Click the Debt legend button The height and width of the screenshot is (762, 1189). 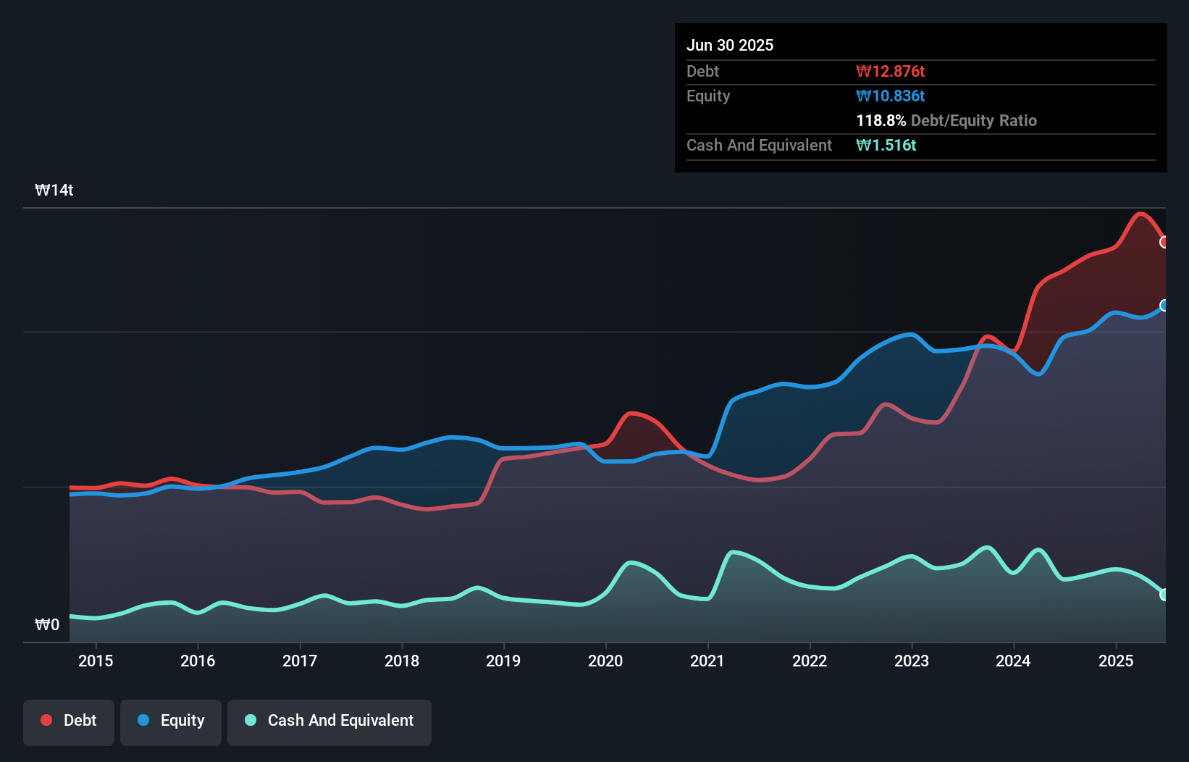[69, 721]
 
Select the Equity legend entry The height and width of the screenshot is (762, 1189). [171, 721]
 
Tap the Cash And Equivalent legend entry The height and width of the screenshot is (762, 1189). [329, 721]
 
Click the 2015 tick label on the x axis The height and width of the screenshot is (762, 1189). [96, 661]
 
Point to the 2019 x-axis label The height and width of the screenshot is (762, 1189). [503, 661]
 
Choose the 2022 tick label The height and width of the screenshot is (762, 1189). [810, 661]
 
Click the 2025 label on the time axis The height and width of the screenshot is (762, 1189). [1116, 661]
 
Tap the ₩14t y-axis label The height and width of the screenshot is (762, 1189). [54, 190]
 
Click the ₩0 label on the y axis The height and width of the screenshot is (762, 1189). [47, 624]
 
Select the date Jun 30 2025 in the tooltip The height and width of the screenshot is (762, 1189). [730, 46]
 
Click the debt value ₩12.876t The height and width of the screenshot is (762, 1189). [890, 72]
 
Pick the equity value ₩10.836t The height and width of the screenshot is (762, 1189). [890, 96]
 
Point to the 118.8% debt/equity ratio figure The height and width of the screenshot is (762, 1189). [881, 121]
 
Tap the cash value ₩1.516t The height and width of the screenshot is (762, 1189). [886, 146]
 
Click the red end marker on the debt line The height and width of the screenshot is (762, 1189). [1164, 242]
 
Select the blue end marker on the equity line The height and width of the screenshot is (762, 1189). [1164, 305]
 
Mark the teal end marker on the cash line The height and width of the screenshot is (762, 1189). [1164, 595]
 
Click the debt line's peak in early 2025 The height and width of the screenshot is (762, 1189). [1140, 213]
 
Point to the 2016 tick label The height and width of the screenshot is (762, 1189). [198, 661]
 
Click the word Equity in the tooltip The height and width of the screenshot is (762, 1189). [708, 96]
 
